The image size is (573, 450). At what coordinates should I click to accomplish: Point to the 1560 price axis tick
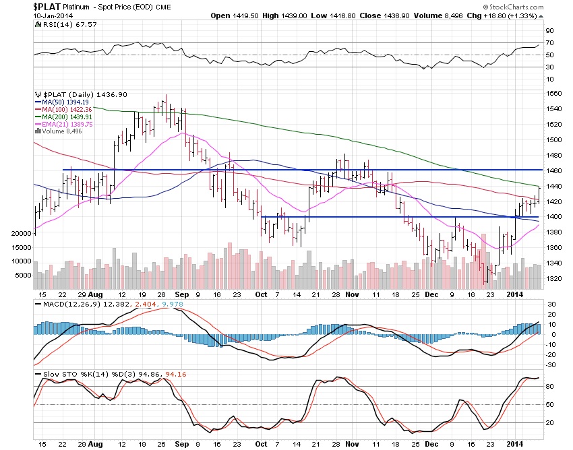click(x=555, y=94)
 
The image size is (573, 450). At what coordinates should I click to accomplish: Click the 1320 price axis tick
click(x=555, y=278)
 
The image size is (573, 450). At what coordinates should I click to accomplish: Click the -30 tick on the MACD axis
click(x=551, y=364)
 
